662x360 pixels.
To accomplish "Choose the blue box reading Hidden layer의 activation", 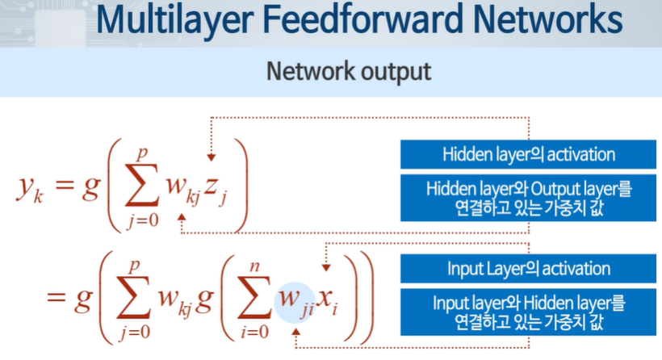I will click(528, 155).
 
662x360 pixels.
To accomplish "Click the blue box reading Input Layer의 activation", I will click(528, 269).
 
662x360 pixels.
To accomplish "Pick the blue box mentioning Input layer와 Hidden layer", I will click(528, 312).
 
